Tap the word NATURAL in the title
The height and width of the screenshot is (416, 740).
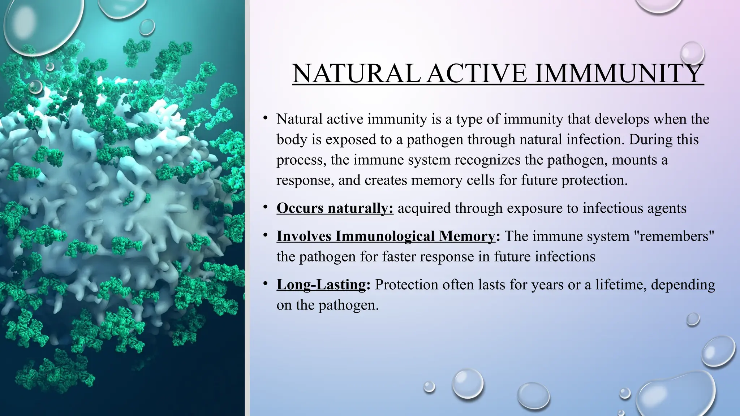356,74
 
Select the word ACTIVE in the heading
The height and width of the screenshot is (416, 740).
477,74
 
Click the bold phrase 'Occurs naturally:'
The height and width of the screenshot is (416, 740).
335,208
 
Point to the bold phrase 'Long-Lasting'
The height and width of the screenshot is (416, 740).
321,285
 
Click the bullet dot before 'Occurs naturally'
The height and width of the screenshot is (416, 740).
265,207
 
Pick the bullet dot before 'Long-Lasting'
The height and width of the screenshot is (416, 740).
265,283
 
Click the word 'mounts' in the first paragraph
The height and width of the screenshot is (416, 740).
634,160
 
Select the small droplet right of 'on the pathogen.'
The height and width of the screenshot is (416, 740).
693,319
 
